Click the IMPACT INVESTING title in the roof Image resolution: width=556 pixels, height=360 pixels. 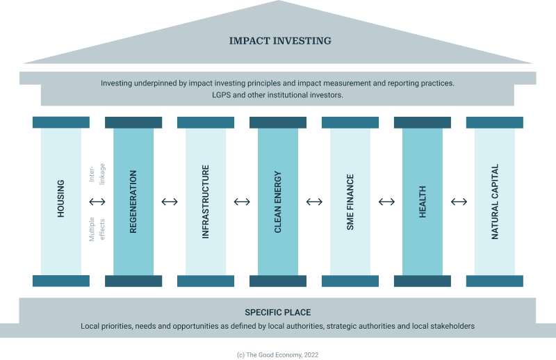(x=280, y=41)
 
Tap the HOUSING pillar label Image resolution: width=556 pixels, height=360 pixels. (x=61, y=199)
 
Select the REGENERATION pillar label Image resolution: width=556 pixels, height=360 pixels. (x=133, y=202)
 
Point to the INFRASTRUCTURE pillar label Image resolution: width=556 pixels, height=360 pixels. (x=206, y=202)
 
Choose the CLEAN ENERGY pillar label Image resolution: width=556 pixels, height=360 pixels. (x=278, y=202)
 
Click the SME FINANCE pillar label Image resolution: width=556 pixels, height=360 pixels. (x=350, y=202)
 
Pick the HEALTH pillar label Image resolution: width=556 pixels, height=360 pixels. (x=423, y=202)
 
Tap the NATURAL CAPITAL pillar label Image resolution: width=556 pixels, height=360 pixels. (x=495, y=202)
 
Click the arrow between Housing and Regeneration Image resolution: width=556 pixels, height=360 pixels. (x=97, y=202)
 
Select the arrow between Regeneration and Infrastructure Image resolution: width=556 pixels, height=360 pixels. (x=170, y=202)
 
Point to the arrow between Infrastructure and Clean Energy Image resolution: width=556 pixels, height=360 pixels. (x=242, y=202)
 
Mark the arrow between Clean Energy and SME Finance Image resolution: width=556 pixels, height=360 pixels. (x=314, y=202)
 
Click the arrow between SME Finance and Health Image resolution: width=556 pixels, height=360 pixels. (x=386, y=202)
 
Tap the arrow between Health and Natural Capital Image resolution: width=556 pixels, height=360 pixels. (x=459, y=202)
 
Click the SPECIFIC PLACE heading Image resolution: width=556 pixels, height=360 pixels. (x=278, y=313)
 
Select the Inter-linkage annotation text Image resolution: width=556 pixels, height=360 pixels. (x=97, y=174)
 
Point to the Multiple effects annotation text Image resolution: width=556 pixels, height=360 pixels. (x=97, y=229)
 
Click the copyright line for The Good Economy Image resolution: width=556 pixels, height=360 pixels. (x=277, y=355)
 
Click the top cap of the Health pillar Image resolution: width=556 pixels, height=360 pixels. (x=423, y=122)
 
